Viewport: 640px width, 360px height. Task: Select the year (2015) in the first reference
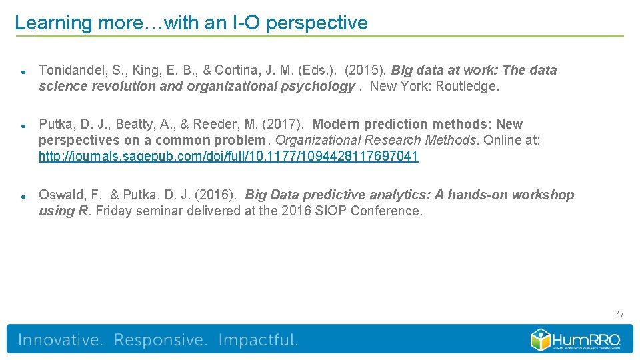pyautogui.click(x=365, y=70)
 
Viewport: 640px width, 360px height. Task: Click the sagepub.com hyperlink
pyautogui.click(x=229, y=156)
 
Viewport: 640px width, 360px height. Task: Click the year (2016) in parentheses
pyautogui.click(x=216, y=195)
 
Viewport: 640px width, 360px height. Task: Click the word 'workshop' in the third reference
pyautogui.click(x=545, y=195)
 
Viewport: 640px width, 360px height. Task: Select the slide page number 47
pyautogui.click(x=620, y=313)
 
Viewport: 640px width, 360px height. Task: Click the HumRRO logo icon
pyautogui.click(x=540, y=339)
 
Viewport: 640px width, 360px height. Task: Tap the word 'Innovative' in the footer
pyautogui.click(x=60, y=340)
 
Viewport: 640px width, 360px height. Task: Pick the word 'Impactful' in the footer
pyautogui.click(x=258, y=340)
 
